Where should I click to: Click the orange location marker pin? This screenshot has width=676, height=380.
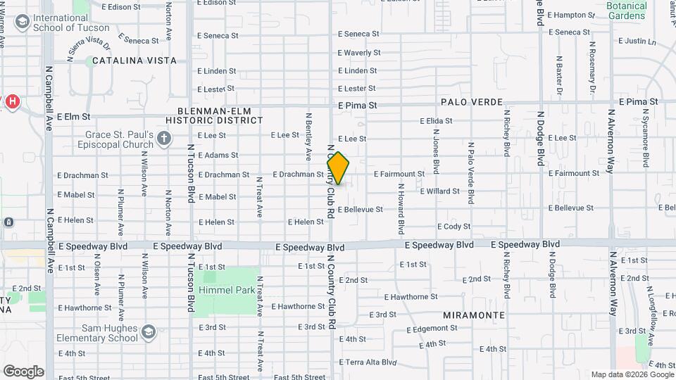point(339,168)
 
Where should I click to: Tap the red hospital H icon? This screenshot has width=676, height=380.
point(12,102)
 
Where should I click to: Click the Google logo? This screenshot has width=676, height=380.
point(23,371)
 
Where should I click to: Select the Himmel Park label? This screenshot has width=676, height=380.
point(225,290)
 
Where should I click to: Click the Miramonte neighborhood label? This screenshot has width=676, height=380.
point(472,316)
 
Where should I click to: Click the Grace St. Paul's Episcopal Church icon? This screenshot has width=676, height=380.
point(164,139)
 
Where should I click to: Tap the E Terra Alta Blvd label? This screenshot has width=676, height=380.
point(368,362)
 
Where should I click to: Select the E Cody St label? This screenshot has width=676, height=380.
point(453,227)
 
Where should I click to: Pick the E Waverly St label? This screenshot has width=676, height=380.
point(359,53)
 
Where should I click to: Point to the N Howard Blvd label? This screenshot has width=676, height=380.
point(401,208)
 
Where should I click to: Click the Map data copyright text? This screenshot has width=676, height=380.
point(632,374)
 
